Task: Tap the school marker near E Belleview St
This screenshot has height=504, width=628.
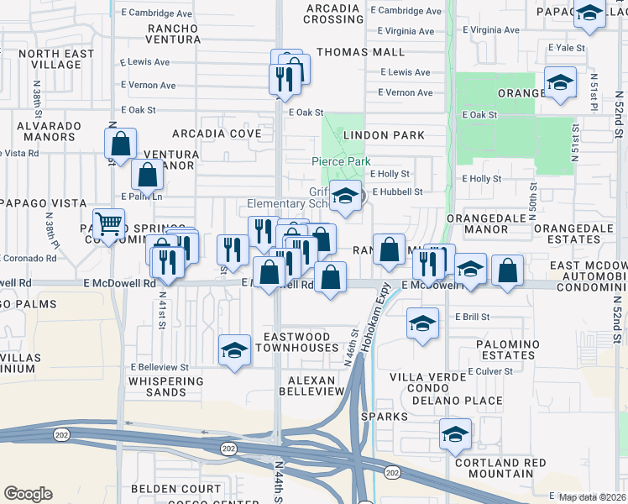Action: pyautogui.click(x=234, y=349)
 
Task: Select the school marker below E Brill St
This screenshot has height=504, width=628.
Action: pyautogui.click(x=422, y=323)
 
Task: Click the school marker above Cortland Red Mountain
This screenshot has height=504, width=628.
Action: pyautogui.click(x=455, y=433)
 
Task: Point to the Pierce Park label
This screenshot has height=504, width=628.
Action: pyautogui.click(x=342, y=161)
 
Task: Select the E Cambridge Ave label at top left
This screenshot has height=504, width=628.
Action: pyautogui.click(x=156, y=13)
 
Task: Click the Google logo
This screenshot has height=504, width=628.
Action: pyautogui.click(x=28, y=494)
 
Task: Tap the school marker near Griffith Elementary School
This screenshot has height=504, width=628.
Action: pyautogui.click(x=344, y=197)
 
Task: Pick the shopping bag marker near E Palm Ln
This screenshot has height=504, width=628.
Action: pyautogui.click(x=148, y=176)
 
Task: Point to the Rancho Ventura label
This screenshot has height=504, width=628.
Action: pyautogui.click(x=173, y=34)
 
